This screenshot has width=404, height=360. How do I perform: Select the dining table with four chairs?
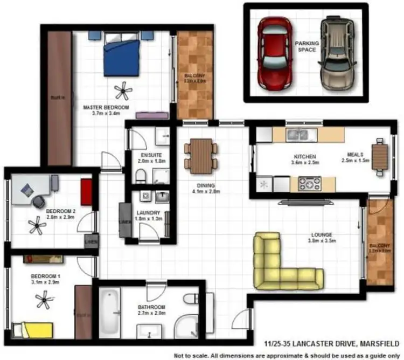[x=201, y=156]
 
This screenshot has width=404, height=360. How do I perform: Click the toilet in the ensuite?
[x=140, y=176]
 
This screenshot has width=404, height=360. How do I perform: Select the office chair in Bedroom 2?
[x=39, y=201]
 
